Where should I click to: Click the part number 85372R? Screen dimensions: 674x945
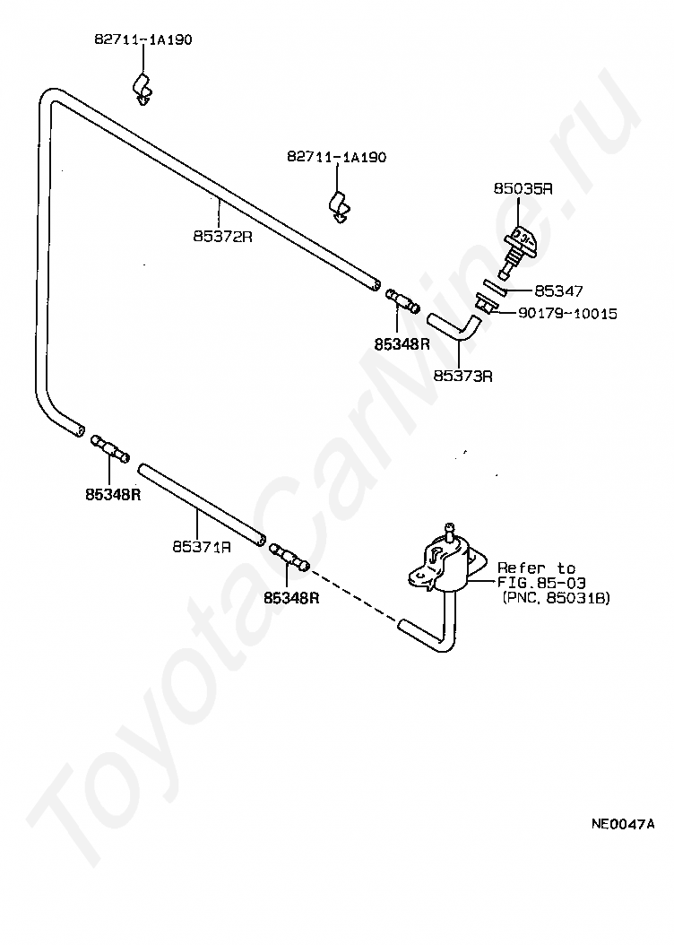tap(222, 237)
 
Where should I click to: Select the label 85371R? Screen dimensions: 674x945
tap(202, 547)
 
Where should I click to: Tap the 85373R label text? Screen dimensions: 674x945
tap(462, 376)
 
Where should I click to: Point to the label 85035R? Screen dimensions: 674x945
tap(523, 188)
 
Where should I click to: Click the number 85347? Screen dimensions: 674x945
tap(559, 291)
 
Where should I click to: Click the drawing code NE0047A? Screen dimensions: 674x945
tap(622, 824)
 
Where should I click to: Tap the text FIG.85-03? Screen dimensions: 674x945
tap(540, 583)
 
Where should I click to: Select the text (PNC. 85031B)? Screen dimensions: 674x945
tap(556, 598)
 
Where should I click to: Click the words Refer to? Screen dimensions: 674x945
tap(536, 568)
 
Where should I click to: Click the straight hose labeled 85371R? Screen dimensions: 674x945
tap(201, 504)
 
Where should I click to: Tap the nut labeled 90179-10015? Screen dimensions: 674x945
tap(485, 304)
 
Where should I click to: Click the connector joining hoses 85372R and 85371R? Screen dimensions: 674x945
tap(109, 448)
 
